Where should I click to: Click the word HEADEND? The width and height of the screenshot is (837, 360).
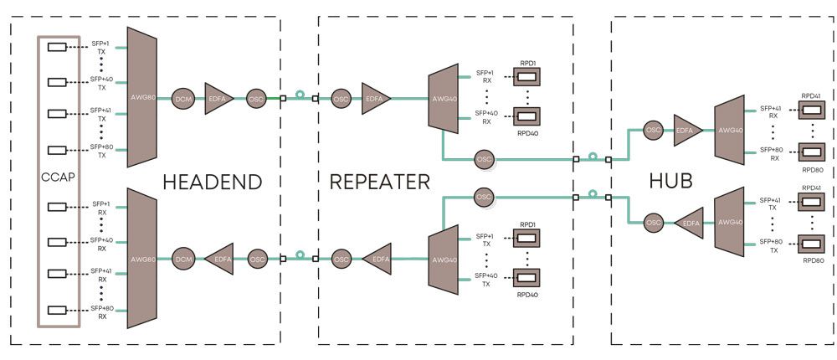(x=213, y=182)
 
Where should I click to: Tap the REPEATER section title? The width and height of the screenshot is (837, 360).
(x=380, y=182)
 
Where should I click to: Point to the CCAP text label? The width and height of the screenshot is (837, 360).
(x=58, y=177)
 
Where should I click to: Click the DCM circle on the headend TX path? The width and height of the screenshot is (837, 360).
(x=183, y=98)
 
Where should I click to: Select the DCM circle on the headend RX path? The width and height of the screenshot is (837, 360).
(x=183, y=260)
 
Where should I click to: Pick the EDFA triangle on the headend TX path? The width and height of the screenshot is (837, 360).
(x=220, y=98)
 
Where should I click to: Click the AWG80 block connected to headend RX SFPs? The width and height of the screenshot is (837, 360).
(x=143, y=259)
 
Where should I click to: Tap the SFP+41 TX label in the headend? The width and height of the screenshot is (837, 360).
(x=101, y=114)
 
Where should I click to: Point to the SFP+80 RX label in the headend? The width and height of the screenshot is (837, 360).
(x=101, y=313)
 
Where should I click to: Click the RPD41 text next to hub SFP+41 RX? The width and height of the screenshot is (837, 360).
(x=810, y=96)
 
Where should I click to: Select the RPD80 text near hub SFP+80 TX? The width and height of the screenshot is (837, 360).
(x=810, y=261)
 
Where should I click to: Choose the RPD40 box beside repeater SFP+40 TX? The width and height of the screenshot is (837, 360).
(x=526, y=276)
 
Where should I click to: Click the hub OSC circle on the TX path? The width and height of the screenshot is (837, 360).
(x=654, y=222)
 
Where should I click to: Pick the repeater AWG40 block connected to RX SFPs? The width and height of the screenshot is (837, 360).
(x=442, y=98)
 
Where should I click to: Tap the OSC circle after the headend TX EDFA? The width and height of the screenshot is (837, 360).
(x=257, y=98)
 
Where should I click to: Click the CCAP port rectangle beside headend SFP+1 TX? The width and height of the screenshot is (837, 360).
(x=58, y=48)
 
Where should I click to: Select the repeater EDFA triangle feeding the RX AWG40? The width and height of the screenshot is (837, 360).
(x=377, y=98)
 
